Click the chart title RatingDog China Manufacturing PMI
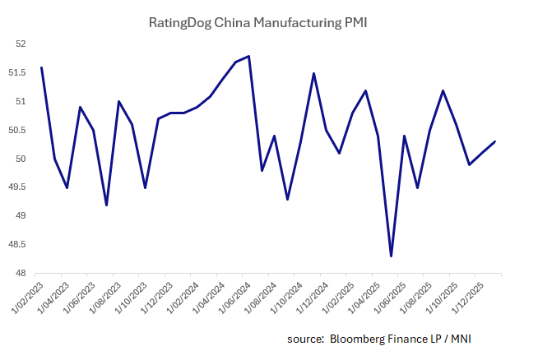click(x=257, y=22)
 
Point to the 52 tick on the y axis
click(x=21, y=44)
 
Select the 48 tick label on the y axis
click(x=21, y=274)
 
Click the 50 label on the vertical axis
click(x=21, y=159)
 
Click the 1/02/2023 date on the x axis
click(x=26, y=298)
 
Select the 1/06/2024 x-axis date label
click(x=234, y=298)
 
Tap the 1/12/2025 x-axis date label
click(x=466, y=298)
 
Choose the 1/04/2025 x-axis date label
click(x=363, y=298)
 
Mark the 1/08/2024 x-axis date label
click(x=259, y=298)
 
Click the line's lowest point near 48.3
click(x=392, y=256)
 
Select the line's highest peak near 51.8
click(x=248, y=56)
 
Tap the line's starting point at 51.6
click(x=41, y=67)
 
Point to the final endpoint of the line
click(x=494, y=141)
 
